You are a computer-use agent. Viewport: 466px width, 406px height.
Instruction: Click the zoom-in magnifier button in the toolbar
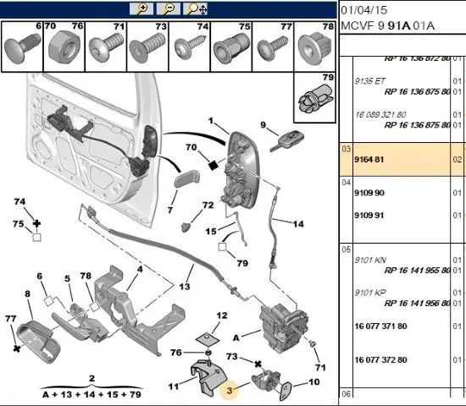point(141,9)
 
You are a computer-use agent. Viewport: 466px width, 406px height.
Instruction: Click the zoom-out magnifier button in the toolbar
point(169,9)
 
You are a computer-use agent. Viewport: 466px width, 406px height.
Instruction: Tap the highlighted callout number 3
point(229,391)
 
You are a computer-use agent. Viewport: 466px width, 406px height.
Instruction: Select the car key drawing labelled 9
point(286,141)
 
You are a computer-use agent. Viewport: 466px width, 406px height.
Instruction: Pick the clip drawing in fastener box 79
point(316,99)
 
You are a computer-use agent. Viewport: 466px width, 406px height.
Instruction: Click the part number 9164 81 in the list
point(369,160)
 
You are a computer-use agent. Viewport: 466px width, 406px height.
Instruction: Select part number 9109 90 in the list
point(369,193)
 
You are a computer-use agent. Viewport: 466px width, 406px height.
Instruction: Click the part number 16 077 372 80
point(380,360)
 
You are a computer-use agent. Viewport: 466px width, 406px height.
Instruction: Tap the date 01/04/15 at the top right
point(364,10)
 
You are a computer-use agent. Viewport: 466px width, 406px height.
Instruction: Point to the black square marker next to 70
point(213,165)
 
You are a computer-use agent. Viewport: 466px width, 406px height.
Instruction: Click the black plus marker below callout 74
point(36,223)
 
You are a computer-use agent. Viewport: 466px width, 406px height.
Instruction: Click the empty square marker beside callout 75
point(36,237)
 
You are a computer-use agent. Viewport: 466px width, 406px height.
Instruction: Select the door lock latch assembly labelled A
point(283,327)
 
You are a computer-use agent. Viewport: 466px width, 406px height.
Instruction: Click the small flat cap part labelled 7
point(186,178)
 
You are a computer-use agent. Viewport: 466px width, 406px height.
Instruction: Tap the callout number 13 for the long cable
point(184,287)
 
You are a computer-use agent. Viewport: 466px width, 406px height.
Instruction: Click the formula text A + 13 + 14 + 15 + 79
point(92,395)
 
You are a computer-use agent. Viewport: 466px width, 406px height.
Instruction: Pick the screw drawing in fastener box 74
point(190,47)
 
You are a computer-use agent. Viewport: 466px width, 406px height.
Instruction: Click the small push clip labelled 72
point(186,227)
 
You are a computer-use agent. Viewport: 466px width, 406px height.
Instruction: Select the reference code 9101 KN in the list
point(370,261)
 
